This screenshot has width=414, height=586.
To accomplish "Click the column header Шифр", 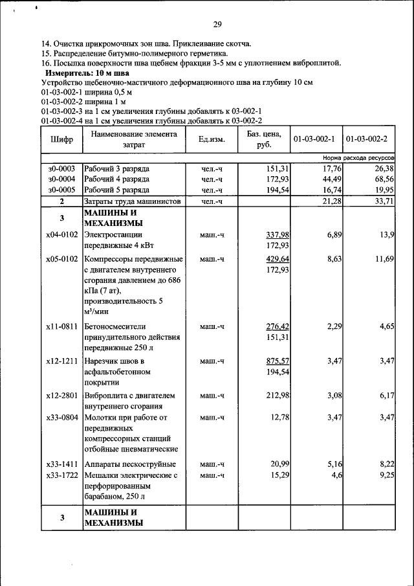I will [61, 139].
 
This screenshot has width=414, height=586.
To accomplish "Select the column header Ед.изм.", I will [211, 139].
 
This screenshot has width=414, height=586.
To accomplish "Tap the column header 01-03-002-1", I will [314, 139].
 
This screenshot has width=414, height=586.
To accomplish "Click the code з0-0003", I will [61, 168].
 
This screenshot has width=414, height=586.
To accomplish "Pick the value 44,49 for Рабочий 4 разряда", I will [329, 179].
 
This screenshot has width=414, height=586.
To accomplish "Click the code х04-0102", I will [61, 234].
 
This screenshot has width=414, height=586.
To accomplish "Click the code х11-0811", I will [61, 326].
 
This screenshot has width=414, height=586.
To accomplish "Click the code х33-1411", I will [61, 465].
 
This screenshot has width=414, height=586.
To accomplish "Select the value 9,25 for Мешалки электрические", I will [384, 475].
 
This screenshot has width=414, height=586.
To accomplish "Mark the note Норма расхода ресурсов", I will [358, 158].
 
